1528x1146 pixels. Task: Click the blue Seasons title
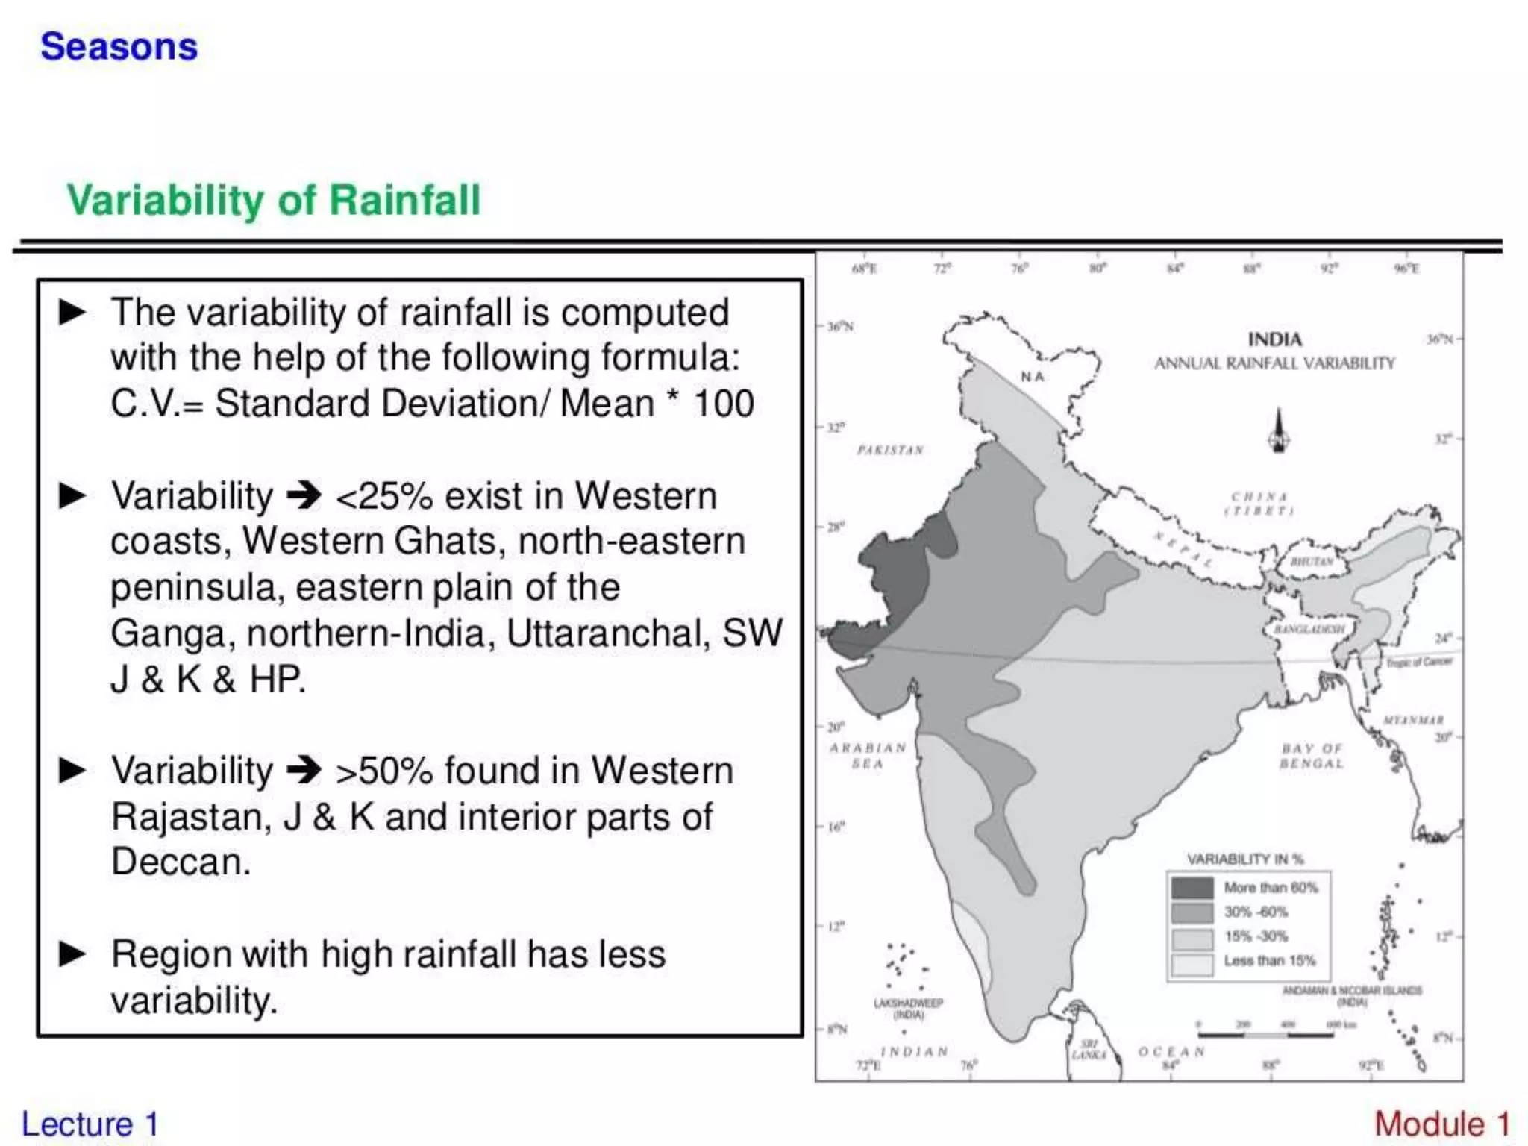click(x=119, y=46)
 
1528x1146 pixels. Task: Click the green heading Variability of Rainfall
click(x=274, y=200)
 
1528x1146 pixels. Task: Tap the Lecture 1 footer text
click(x=90, y=1124)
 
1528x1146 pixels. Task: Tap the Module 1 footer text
click(x=1441, y=1124)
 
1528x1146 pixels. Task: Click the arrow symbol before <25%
click(x=304, y=495)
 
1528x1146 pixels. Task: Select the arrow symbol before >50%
click(x=304, y=770)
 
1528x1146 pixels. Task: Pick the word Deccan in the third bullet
click(x=181, y=862)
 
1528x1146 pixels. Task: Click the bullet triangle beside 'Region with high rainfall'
click(x=72, y=954)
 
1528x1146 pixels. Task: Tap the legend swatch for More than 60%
click(x=1192, y=888)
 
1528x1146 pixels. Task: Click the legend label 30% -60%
click(x=1256, y=912)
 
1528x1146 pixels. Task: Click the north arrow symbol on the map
click(x=1279, y=431)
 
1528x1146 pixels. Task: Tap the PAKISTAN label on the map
click(x=890, y=450)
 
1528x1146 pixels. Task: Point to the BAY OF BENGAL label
click(x=1312, y=756)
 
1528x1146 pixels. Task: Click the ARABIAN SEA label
click(x=868, y=755)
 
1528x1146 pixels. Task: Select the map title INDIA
click(x=1274, y=339)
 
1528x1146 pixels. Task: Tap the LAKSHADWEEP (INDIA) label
click(x=908, y=1009)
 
